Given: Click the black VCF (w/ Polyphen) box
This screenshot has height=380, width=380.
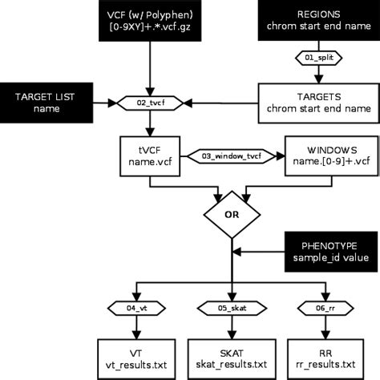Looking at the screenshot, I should click(x=149, y=22).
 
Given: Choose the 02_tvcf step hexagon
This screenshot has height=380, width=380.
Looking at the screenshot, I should click(x=150, y=103).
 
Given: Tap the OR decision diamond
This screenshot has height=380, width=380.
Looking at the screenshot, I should click(x=230, y=214).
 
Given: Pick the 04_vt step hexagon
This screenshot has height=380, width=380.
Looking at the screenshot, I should click(x=137, y=307).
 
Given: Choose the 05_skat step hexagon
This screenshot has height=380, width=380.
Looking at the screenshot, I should click(x=230, y=307).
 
